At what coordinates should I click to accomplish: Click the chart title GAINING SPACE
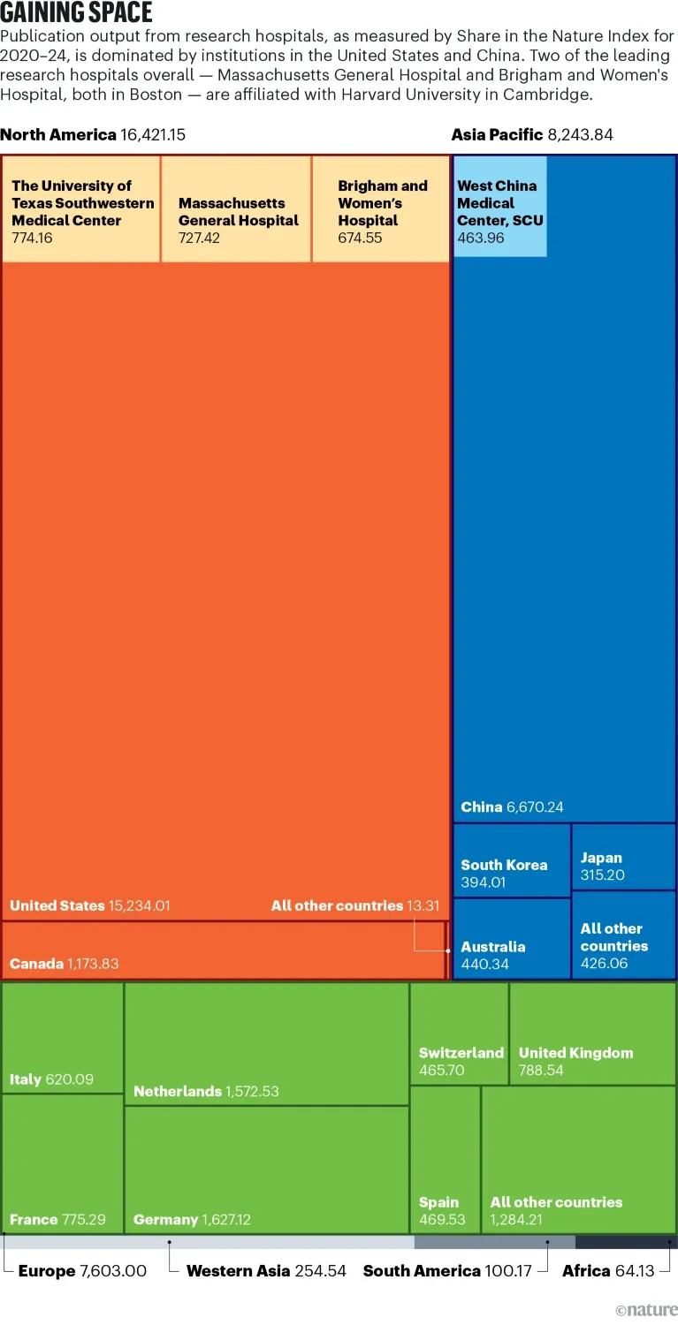tap(76, 13)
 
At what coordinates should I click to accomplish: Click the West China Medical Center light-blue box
tap(499, 207)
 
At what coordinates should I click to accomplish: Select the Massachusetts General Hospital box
tap(236, 209)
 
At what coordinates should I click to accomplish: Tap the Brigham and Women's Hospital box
tap(381, 209)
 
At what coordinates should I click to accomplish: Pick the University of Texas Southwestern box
tap(81, 209)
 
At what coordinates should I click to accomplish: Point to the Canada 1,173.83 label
tap(64, 964)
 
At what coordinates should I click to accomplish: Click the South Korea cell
tap(512, 861)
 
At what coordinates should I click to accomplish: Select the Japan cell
tap(623, 856)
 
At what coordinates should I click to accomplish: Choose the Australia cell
tap(512, 938)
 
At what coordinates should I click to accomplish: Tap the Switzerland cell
tap(459, 1033)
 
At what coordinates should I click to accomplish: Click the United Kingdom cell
tap(592, 1033)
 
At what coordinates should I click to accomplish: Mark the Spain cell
tap(445, 1159)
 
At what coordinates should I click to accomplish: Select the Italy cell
tap(62, 1038)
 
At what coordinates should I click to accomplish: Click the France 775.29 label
tap(57, 1220)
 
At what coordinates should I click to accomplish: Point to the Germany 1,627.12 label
tap(192, 1220)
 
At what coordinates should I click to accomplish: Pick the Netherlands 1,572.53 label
tap(206, 1092)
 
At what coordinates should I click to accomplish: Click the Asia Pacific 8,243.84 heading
tap(531, 135)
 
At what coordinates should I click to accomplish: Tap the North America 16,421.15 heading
tap(93, 135)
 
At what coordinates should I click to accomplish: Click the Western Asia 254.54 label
tap(266, 1271)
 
